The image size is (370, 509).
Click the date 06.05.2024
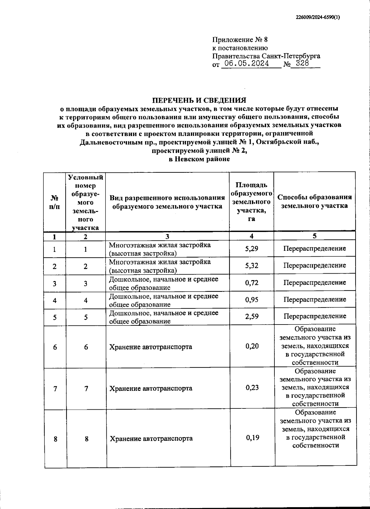click(247, 64)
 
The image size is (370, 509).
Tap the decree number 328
click(302, 64)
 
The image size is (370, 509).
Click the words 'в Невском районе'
click(199, 159)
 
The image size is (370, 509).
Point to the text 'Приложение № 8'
click(240, 40)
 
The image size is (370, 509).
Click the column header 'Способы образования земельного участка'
click(314, 201)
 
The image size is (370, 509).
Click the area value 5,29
click(252, 249)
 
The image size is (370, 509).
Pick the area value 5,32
click(252, 266)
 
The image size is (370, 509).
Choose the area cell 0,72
click(252, 283)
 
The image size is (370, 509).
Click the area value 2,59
click(252, 316)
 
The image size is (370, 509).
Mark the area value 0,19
click(252, 437)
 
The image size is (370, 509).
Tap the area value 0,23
click(252, 387)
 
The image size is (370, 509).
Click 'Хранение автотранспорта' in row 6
click(150, 347)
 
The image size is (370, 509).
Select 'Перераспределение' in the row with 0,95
click(314, 299)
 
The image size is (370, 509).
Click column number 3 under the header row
click(167, 237)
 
